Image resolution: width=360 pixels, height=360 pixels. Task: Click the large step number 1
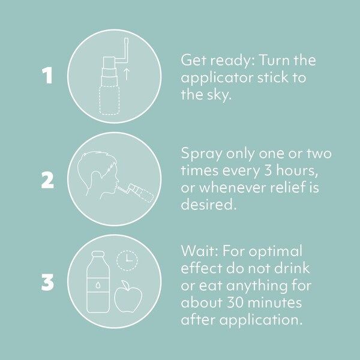point(47,76)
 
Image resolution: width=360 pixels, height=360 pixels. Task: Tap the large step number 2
point(47,180)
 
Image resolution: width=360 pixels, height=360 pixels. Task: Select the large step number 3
point(47,283)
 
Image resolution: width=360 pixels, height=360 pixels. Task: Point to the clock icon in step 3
point(127,260)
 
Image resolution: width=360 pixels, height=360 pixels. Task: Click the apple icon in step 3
point(128,296)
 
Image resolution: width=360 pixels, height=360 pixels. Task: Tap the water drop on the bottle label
point(98,285)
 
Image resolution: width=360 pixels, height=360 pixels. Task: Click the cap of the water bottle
point(98,254)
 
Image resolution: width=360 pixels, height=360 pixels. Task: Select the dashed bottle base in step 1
point(109,100)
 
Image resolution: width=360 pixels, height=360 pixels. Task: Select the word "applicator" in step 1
point(218,78)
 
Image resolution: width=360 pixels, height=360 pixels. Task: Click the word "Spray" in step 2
point(202,154)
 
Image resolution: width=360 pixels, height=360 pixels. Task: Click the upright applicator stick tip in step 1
point(126,40)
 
